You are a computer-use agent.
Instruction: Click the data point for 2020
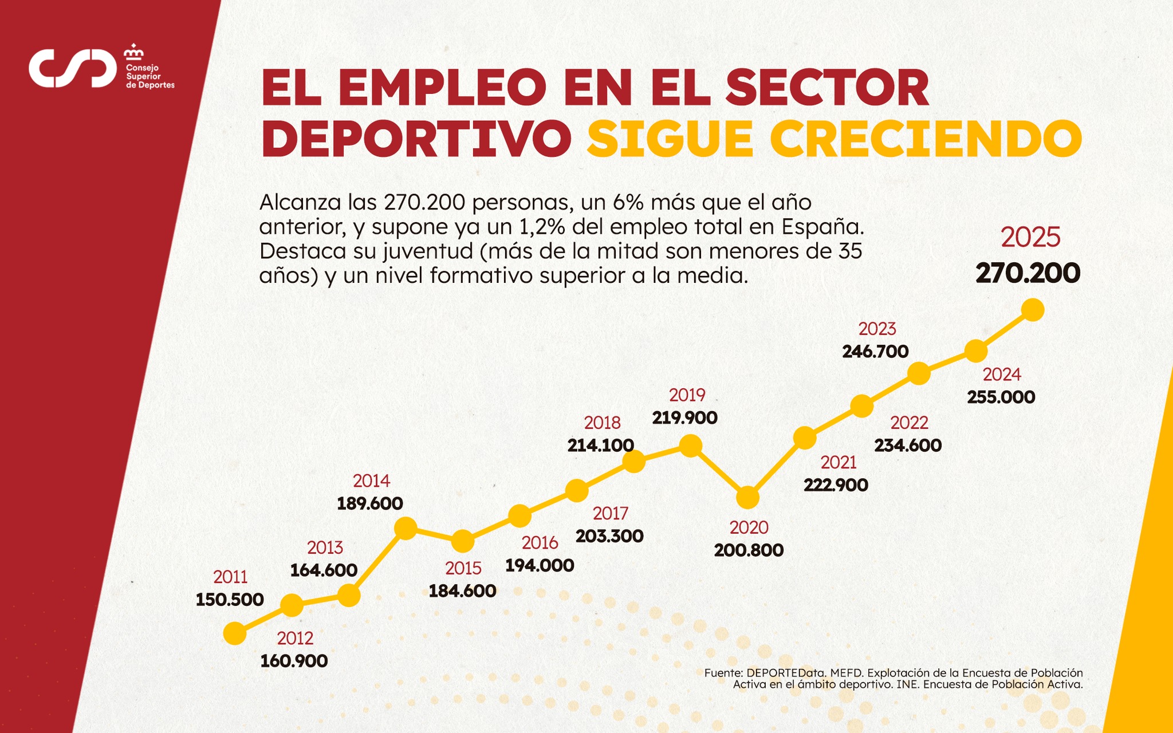[747, 498]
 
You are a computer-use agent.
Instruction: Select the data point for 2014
[406, 527]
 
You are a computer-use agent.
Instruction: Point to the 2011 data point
[234, 634]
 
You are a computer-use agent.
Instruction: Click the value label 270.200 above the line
[1028, 273]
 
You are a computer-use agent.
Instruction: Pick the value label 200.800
[749, 550]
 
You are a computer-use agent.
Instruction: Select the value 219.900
[684, 417]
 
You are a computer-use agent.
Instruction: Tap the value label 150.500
[230, 600]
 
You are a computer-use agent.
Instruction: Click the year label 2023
[877, 329]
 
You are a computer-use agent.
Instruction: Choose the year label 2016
[540, 542]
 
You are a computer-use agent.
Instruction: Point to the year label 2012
[295, 638]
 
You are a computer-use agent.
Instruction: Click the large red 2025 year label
[1030, 237]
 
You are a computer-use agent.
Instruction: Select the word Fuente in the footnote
[723, 673]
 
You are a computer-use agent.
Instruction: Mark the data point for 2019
[690, 446]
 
